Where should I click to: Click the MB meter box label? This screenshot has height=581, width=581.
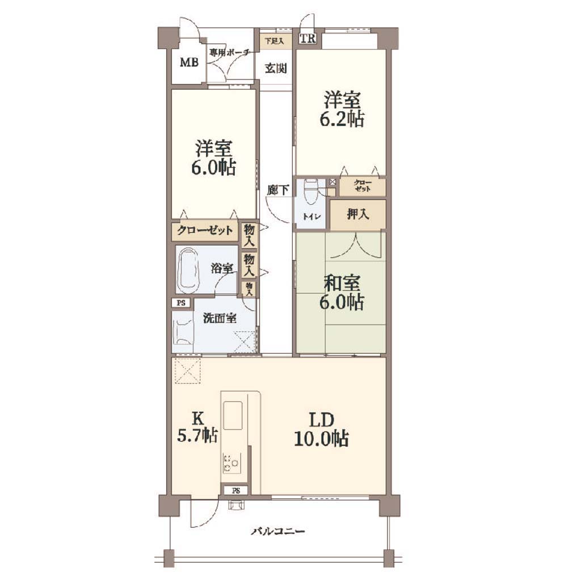(x=189, y=62)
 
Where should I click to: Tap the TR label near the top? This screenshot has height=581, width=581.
(x=308, y=38)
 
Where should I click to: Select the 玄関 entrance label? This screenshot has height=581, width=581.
(x=276, y=68)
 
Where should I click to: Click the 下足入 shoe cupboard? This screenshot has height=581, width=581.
(x=275, y=40)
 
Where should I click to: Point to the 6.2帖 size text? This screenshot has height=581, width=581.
(x=342, y=119)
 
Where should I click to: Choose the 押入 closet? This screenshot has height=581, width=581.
(x=358, y=214)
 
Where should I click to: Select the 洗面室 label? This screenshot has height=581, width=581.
(x=220, y=318)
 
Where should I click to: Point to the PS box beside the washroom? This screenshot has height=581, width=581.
(x=181, y=303)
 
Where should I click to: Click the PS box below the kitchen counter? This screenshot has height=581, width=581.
(x=236, y=491)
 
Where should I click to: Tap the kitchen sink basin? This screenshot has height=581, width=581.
(x=233, y=415)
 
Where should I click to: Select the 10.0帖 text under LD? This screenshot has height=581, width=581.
(x=321, y=439)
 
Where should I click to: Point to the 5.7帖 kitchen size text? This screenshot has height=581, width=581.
(x=197, y=435)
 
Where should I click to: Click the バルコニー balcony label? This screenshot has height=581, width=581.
(x=278, y=532)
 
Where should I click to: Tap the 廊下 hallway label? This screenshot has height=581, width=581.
(x=278, y=190)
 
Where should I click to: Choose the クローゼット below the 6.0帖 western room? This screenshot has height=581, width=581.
(x=205, y=231)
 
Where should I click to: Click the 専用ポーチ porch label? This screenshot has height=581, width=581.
(x=229, y=53)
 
